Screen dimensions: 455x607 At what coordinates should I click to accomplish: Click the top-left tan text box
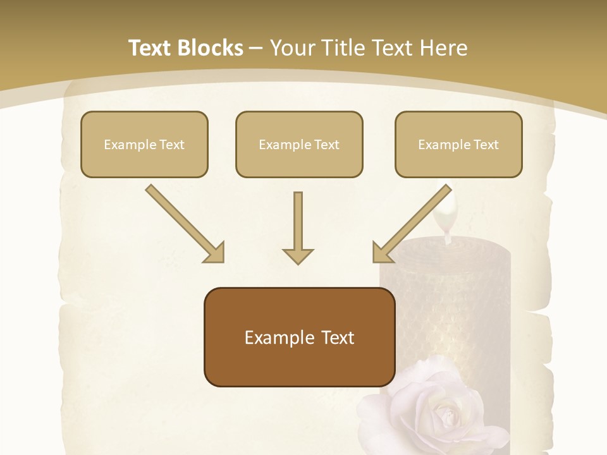(144, 144)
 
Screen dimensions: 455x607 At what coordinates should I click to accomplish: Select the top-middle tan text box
(299, 144)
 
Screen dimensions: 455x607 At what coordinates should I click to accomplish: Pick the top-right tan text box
(458, 144)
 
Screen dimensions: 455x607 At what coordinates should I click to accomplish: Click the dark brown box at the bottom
(299, 337)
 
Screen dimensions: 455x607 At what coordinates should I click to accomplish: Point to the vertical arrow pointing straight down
(298, 224)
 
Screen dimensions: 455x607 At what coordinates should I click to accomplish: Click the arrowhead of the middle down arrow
(298, 255)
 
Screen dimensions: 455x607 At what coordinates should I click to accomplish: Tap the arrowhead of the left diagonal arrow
(215, 253)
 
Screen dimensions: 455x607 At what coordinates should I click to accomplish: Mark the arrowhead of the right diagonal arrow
(381, 253)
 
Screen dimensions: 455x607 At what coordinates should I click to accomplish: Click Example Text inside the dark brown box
(299, 337)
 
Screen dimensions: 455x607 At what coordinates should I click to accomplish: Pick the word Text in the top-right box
(485, 145)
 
